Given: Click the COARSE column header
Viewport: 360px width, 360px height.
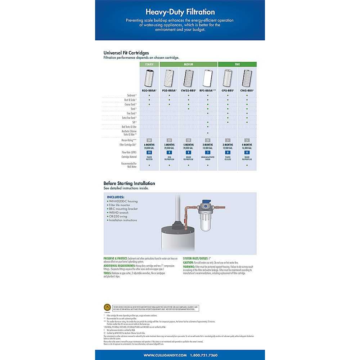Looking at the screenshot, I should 149,64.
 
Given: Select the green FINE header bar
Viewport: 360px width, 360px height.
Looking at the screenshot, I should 237,64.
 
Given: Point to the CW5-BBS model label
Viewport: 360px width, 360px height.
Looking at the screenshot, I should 247,90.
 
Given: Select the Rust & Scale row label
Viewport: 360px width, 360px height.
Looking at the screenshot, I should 130,100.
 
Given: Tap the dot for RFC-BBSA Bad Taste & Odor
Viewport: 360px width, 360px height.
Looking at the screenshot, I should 208,127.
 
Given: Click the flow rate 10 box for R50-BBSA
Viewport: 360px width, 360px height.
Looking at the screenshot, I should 149,152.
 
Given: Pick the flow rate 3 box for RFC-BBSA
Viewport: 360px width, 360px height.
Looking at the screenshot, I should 208,152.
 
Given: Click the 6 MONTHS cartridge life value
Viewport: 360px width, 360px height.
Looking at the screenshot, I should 149,145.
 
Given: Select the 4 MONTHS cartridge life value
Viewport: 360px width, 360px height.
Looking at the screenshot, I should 247,145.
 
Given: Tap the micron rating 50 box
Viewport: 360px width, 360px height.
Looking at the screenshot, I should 149,140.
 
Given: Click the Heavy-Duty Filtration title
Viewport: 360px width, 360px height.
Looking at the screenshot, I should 180,13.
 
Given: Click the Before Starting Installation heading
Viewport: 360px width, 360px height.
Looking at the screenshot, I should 129,183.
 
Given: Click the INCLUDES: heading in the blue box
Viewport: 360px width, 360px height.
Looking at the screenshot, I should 116,197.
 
